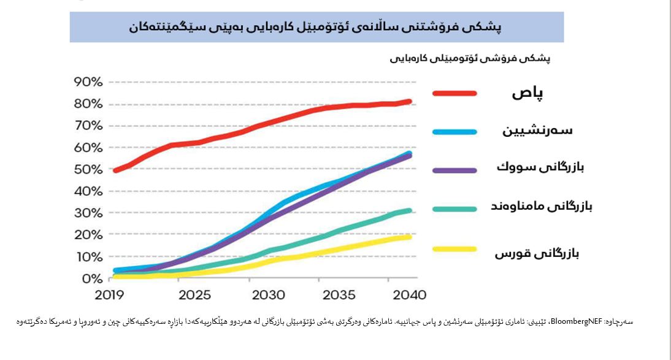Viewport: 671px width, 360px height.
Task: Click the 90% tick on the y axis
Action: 88,82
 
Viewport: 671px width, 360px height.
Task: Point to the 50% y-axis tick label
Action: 88,169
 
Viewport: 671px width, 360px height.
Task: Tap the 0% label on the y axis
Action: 93,278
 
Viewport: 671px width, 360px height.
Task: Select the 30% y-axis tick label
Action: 88,213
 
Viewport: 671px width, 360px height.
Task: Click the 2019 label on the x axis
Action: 109,295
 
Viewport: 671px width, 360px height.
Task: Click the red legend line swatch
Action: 454,93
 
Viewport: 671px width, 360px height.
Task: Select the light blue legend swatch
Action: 454,131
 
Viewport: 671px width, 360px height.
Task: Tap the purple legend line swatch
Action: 454,169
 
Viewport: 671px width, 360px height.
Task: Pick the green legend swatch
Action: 454,209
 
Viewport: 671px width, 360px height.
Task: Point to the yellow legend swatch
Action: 454,249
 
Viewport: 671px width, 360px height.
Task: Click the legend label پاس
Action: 529,93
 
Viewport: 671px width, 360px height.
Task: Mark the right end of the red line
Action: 409,101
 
